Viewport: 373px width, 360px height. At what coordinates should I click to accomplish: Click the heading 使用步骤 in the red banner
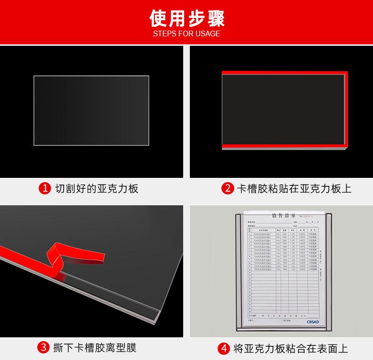(x=186, y=18)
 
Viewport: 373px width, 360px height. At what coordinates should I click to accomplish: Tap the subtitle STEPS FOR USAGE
(x=186, y=34)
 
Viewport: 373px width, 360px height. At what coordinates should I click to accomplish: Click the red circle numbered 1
(x=44, y=189)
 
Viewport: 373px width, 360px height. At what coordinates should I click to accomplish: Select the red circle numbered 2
(x=228, y=189)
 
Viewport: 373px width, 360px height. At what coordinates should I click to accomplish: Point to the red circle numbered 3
(x=44, y=348)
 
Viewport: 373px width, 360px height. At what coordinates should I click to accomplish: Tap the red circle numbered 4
(x=223, y=349)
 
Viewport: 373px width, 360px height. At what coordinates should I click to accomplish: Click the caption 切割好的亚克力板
(x=97, y=189)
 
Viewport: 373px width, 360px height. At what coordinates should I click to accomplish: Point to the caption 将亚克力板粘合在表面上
(x=290, y=349)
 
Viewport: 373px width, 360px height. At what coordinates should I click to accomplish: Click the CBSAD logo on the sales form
(x=313, y=321)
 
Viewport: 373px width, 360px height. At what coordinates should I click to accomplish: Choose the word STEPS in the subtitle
(x=163, y=34)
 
